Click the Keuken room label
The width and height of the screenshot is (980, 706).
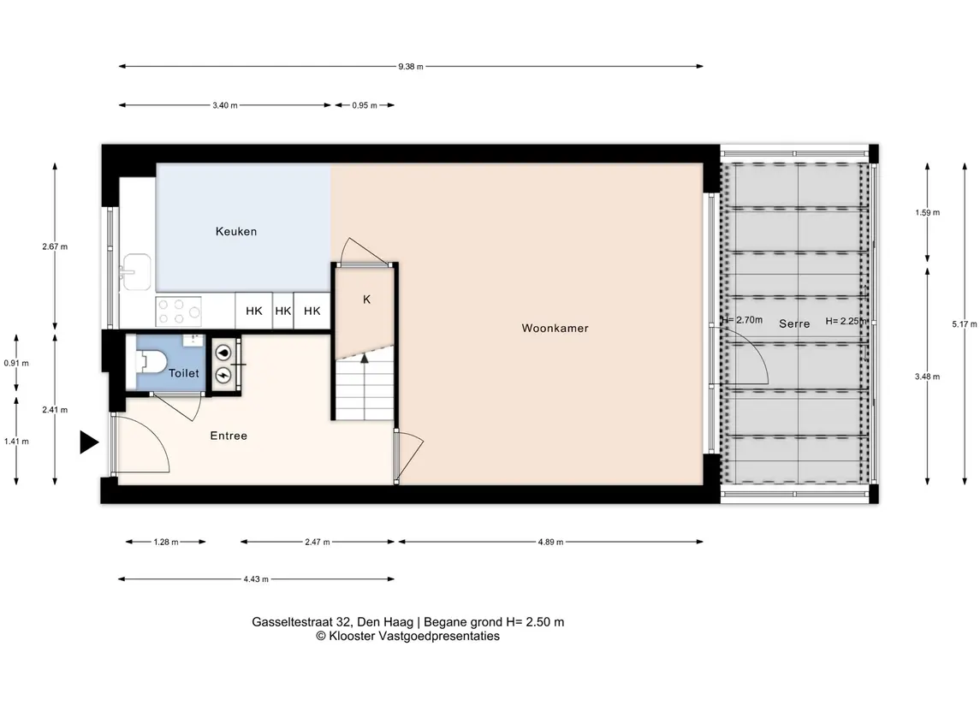(x=236, y=231)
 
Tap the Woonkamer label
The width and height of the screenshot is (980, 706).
(x=555, y=328)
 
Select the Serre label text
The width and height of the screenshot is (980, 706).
(x=794, y=323)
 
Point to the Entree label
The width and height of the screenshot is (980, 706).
(x=229, y=436)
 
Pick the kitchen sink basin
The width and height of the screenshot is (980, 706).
(x=136, y=272)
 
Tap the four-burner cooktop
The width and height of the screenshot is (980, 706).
(x=179, y=311)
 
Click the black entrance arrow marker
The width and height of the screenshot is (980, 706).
(x=89, y=442)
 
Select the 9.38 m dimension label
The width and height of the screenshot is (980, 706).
(x=411, y=66)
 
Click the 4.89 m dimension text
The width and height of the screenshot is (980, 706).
(x=550, y=542)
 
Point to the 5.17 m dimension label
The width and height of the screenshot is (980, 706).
(x=964, y=324)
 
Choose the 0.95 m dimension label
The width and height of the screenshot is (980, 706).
(x=365, y=105)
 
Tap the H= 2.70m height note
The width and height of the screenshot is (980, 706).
(x=742, y=320)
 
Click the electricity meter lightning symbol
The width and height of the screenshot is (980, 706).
(x=223, y=375)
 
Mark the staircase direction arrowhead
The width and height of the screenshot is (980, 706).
(x=365, y=358)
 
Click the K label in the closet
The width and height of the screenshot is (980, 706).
(x=367, y=300)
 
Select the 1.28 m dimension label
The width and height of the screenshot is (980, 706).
(x=166, y=542)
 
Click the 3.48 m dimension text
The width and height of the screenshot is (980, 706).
(x=927, y=377)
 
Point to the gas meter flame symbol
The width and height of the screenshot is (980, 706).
(x=223, y=353)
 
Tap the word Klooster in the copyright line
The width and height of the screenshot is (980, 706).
(x=353, y=636)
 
